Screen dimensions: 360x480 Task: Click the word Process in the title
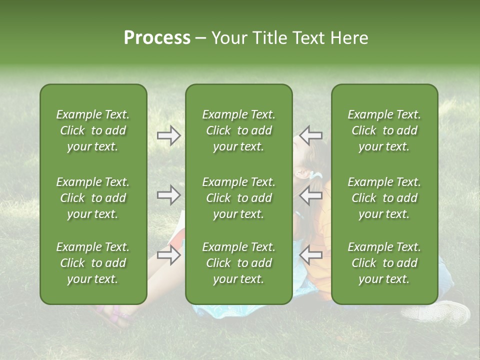click(157, 38)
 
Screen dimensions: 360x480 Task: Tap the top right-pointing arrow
click(168, 135)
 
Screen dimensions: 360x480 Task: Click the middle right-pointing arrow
click(168, 195)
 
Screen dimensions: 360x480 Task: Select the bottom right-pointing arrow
click(168, 255)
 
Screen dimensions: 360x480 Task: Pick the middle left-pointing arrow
click(311, 195)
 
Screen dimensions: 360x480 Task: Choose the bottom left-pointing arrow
click(311, 255)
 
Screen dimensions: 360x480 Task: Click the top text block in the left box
click(93, 130)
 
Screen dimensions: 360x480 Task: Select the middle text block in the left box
click(93, 198)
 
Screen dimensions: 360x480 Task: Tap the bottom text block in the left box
click(93, 263)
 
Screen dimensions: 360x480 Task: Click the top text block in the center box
click(238, 130)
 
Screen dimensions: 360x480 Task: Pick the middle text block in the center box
click(238, 198)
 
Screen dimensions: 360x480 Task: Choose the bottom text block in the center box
click(238, 263)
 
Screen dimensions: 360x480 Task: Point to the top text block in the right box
click(384, 130)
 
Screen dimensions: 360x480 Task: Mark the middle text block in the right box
click(384, 198)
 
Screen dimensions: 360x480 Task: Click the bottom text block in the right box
click(384, 263)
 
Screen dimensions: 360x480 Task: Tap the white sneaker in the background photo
click(438, 313)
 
